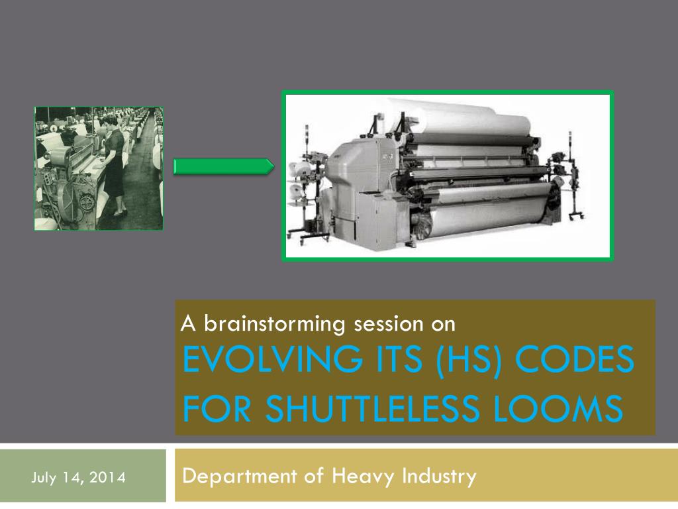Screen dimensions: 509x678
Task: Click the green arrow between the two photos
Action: [x=223, y=166]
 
